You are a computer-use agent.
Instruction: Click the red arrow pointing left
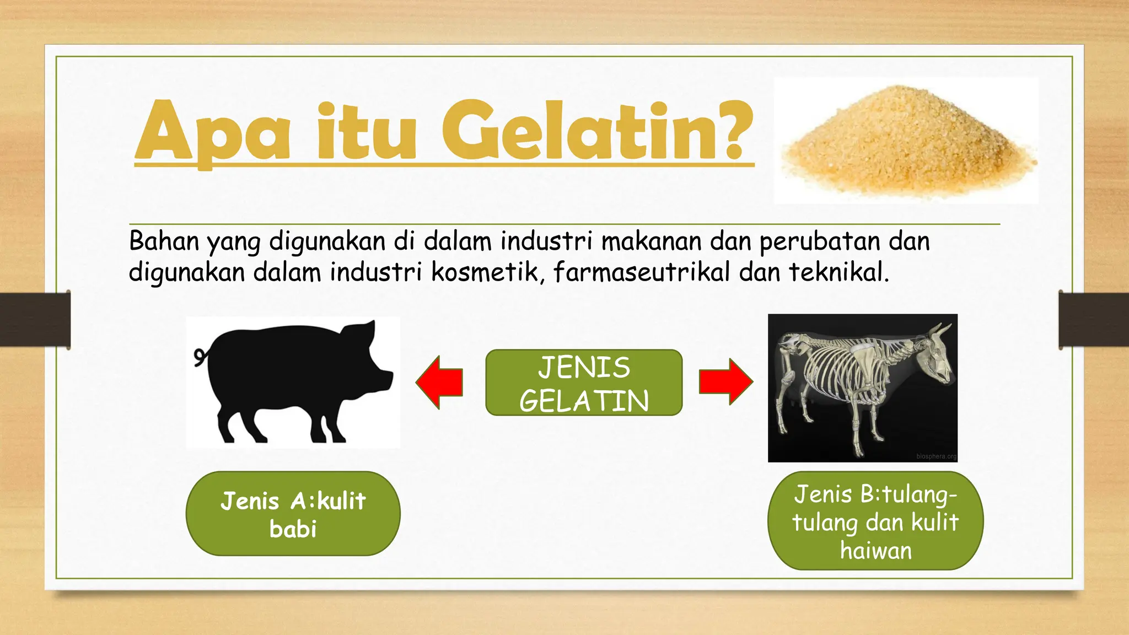tap(439, 382)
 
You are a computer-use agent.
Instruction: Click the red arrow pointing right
tap(725, 381)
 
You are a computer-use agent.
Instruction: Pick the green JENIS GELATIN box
tap(584, 383)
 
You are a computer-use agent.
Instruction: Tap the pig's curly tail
tap(200, 357)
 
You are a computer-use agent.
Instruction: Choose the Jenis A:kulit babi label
tap(293, 514)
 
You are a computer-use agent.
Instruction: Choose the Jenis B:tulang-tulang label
tap(875, 521)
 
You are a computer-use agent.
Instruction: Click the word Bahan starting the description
tap(164, 241)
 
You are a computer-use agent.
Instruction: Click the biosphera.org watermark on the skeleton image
tap(936, 456)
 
